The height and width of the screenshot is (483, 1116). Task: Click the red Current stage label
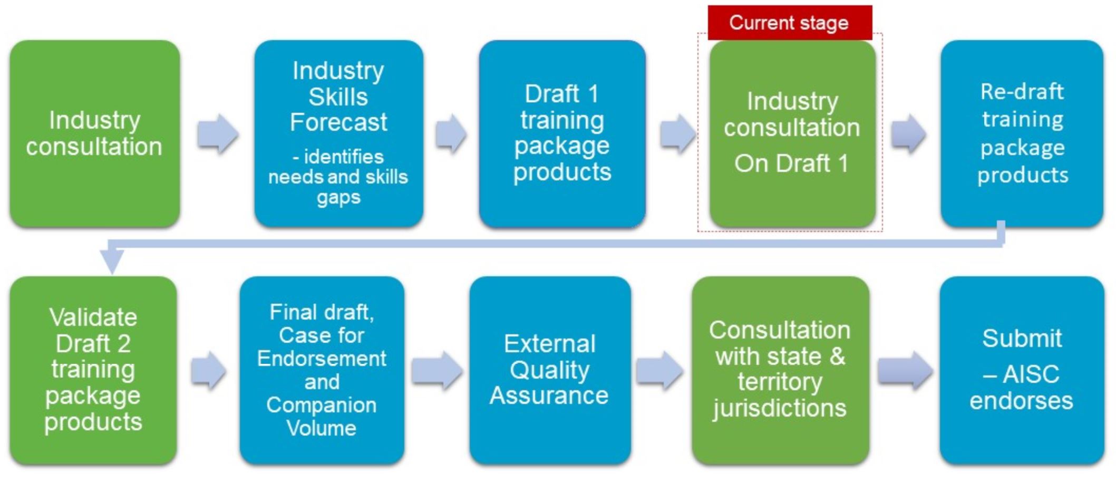(x=790, y=23)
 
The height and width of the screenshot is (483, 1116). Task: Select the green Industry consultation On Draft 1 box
(x=792, y=134)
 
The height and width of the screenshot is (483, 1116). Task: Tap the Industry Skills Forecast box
(x=339, y=134)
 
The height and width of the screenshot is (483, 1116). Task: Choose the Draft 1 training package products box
(x=562, y=134)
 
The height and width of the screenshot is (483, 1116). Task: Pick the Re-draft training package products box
(x=1022, y=134)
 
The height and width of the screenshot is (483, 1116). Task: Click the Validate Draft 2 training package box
(x=93, y=370)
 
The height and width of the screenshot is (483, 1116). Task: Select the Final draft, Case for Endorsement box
(x=322, y=370)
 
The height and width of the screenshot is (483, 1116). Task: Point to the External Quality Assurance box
(x=550, y=370)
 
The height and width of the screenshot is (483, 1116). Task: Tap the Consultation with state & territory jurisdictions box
(x=780, y=370)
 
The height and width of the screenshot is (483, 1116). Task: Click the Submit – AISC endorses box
(x=1022, y=370)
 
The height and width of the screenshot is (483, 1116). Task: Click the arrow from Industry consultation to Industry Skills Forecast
(x=218, y=134)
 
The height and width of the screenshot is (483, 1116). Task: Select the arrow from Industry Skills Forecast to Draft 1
(x=451, y=134)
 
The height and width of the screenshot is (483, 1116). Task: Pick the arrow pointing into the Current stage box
(x=677, y=134)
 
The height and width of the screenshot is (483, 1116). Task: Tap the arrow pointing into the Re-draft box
(x=908, y=134)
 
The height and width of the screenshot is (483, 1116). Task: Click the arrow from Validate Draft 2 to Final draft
(x=209, y=370)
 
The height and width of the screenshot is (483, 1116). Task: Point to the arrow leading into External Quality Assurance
(x=437, y=370)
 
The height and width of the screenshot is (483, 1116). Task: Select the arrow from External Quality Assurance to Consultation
(x=659, y=370)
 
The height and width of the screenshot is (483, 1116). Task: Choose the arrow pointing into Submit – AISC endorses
(x=905, y=370)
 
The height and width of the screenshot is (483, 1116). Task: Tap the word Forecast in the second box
(x=338, y=122)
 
